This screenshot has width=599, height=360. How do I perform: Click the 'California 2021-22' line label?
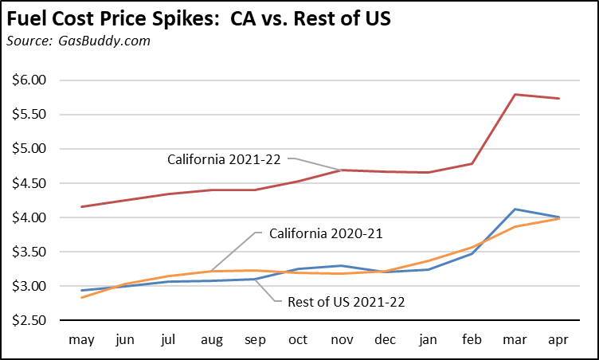tap(225, 158)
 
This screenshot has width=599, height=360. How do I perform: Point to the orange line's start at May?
tap(82, 297)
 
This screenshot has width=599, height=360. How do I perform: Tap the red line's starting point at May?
tap(82, 207)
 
